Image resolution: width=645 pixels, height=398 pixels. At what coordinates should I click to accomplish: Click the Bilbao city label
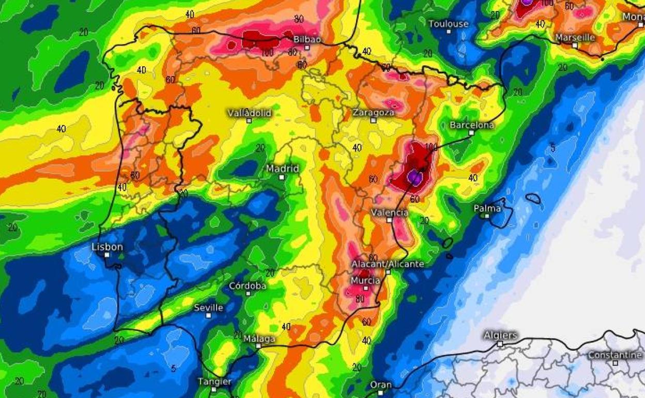[x=307, y=39]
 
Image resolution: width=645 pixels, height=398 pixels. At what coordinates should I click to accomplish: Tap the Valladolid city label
[x=250, y=113]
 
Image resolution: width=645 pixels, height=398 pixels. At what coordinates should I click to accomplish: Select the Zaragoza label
[x=373, y=112]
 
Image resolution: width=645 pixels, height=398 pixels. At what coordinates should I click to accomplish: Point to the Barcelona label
[x=471, y=125]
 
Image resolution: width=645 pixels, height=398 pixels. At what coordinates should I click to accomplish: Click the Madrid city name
[x=282, y=169]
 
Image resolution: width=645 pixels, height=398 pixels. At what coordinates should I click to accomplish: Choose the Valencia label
[x=390, y=212]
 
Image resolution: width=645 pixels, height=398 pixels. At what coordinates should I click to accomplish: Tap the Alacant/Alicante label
[x=388, y=264]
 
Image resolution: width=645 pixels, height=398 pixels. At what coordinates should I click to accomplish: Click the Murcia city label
[x=365, y=281]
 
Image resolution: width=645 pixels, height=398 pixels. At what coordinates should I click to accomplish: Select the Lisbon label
[x=108, y=247]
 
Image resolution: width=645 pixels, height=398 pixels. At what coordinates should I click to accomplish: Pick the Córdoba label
[x=248, y=286]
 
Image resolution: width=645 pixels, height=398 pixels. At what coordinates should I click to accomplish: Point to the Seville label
[x=208, y=308]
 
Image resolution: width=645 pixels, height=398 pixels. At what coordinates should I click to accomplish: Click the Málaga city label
[x=259, y=339]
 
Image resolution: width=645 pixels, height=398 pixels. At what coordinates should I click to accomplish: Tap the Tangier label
[x=214, y=381]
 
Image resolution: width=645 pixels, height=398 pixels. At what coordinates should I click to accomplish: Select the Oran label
[x=381, y=385]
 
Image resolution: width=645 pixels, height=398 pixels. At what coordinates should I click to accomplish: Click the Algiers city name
[x=500, y=335]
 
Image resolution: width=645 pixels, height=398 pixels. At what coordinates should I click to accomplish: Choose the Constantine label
[x=615, y=355]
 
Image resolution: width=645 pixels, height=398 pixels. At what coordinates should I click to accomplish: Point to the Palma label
[x=487, y=208]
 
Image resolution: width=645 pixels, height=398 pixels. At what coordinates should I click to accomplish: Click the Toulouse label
[x=448, y=24]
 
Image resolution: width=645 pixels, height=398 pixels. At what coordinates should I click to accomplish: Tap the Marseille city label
[x=575, y=38]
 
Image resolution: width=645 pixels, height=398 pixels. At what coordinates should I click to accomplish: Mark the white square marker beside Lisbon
[x=107, y=255]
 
